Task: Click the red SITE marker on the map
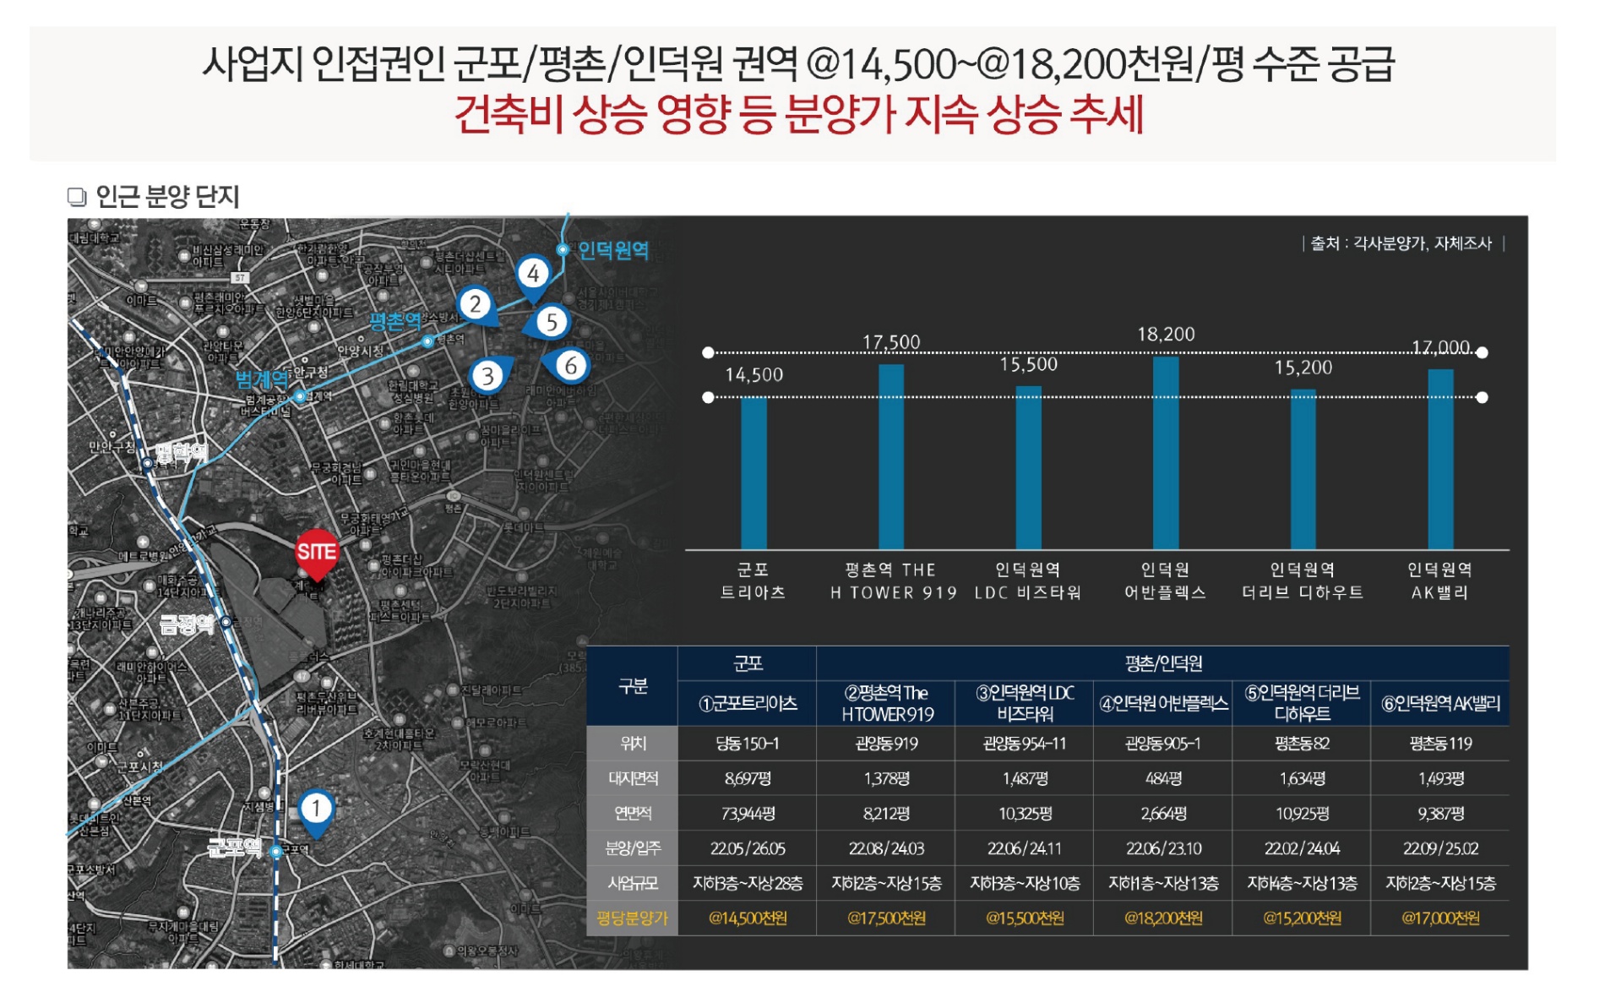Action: pyautogui.click(x=317, y=552)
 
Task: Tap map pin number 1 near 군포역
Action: pyautogui.click(x=316, y=809)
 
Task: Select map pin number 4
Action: pyautogui.click(x=533, y=274)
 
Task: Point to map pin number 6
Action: pyautogui.click(x=570, y=366)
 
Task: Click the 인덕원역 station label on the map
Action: pyautogui.click(x=612, y=250)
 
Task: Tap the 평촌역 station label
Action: pyautogui.click(x=394, y=321)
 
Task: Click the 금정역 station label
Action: pyautogui.click(x=187, y=624)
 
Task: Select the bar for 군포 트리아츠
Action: pyautogui.click(x=754, y=473)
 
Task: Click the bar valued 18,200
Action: pyautogui.click(x=1166, y=453)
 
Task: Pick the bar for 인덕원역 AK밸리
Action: pyautogui.click(x=1440, y=460)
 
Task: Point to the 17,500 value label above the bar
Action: pyautogui.click(x=891, y=342)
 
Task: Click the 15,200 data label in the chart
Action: pyautogui.click(x=1303, y=368)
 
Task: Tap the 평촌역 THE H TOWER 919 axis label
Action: pyautogui.click(x=892, y=581)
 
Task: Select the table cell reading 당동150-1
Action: pyautogui.click(x=748, y=744)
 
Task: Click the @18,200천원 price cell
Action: pyautogui.click(x=1163, y=919)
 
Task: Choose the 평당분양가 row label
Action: pyautogui.click(x=632, y=919)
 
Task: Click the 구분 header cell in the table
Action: pyautogui.click(x=633, y=686)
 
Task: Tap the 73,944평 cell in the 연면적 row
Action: pyautogui.click(x=748, y=814)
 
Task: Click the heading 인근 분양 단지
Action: pyautogui.click(x=167, y=197)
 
